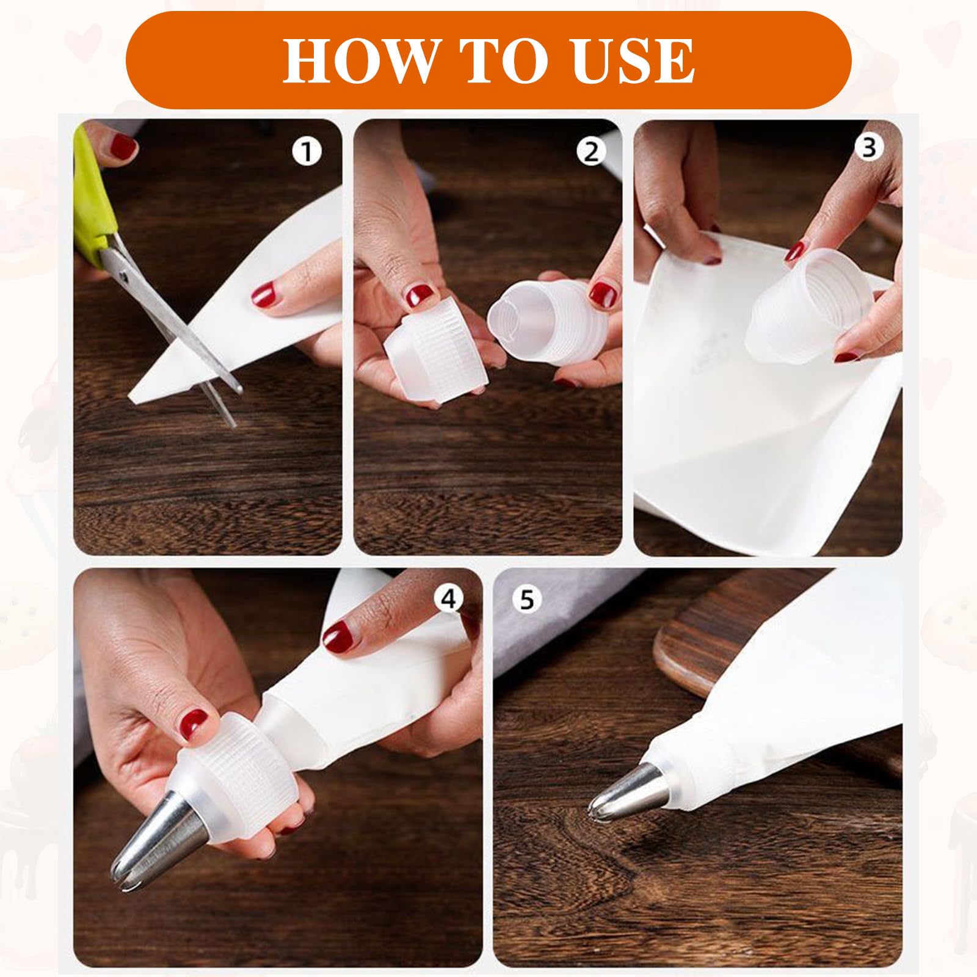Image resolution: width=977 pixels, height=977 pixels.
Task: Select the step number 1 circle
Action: [307, 151]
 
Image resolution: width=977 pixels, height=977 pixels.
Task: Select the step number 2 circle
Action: [591, 151]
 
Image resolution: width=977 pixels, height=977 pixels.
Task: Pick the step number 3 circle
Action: [868, 148]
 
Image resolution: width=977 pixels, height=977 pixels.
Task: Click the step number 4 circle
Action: [449, 600]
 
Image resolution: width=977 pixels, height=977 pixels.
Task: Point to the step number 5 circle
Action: [526, 600]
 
